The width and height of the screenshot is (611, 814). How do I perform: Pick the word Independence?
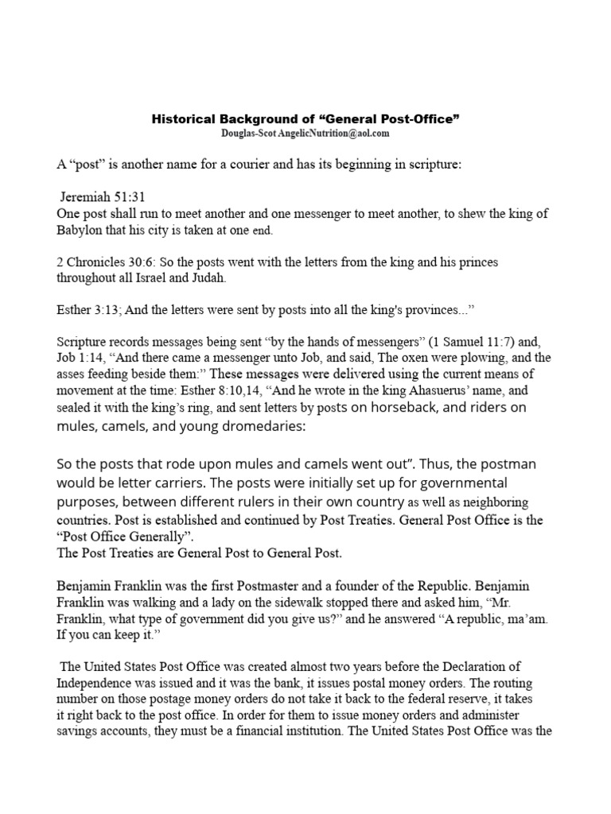(x=95, y=682)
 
